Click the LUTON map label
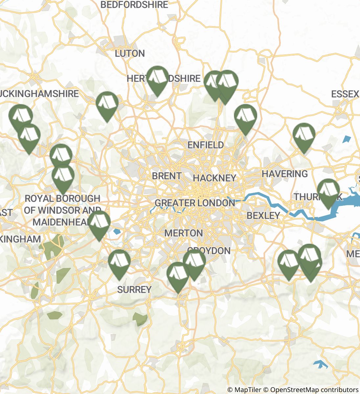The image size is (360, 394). (x=130, y=54)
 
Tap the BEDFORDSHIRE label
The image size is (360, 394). (x=134, y=5)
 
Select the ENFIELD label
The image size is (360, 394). (x=206, y=145)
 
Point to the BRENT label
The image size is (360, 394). (x=167, y=176)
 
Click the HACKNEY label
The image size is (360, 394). (x=214, y=178)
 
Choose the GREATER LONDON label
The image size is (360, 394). (x=195, y=203)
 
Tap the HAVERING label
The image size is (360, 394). (x=285, y=174)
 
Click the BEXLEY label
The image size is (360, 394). (x=263, y=216)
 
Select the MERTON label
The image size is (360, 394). (x=183, y=233)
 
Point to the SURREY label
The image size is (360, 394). (x=134, y=290)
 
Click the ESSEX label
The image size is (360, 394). (x=345, y=95)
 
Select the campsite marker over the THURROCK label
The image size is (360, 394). (x=328, y=191)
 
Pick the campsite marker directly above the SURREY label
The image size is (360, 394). (x=119, y=262)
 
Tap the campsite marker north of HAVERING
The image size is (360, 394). (x=304, y=136)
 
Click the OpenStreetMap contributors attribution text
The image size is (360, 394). (x=314, y=390)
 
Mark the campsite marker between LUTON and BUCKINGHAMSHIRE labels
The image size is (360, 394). (x=107, y=104)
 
